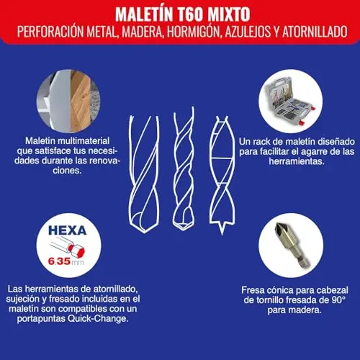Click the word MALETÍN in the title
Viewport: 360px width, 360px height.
tap(144, 14)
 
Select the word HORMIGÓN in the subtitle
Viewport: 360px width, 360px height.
tap(194, 32)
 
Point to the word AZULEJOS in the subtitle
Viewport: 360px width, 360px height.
tap(248, 32)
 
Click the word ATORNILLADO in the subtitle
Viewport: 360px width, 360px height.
tap(315, 32)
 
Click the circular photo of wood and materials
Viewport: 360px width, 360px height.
tap(68, 101)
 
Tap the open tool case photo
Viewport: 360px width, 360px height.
tap(291, 101)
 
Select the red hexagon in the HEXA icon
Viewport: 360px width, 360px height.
tap(78, 251)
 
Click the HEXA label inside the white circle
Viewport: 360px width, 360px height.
tap(68, 230)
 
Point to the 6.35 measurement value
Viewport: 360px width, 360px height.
tap(59, 261)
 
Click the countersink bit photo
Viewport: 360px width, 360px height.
tap(291, 246)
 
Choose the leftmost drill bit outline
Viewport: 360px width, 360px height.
tap(144, 174)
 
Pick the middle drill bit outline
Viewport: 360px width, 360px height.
tap(184, 169)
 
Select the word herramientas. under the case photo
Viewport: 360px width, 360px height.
tap(297, 161)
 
